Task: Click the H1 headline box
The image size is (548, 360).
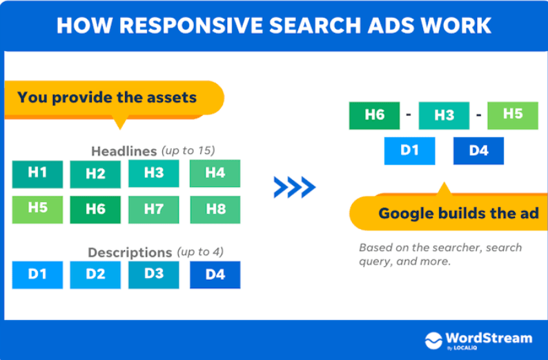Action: click(x=37, y=174)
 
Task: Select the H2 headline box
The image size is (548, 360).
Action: click(x=95, y=174)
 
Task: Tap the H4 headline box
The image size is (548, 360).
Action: click(x=215, y=174)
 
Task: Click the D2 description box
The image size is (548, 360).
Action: click(x=95, y=274)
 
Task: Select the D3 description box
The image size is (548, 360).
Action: click(x=153, y=274)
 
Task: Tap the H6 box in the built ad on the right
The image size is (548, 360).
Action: click(x=374, y=116)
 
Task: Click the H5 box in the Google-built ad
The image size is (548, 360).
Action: click(x=512, y=115)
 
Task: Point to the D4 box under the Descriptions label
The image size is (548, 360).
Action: click(x=215, y=274)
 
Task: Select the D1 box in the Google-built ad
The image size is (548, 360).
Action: click(x=409, y=150)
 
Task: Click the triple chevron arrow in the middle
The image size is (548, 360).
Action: click(x=294, y=187)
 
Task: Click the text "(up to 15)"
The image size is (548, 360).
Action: click(x=188, y=150)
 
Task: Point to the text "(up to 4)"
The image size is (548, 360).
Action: click(x=200, y=252)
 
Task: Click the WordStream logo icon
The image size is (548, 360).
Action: click(x=433, y=340)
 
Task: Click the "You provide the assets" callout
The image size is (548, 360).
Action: click(x=108, y=97)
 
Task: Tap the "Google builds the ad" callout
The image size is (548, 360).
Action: click(x=458, y=213)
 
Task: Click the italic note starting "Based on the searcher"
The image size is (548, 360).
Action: click(x=440, y=254)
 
